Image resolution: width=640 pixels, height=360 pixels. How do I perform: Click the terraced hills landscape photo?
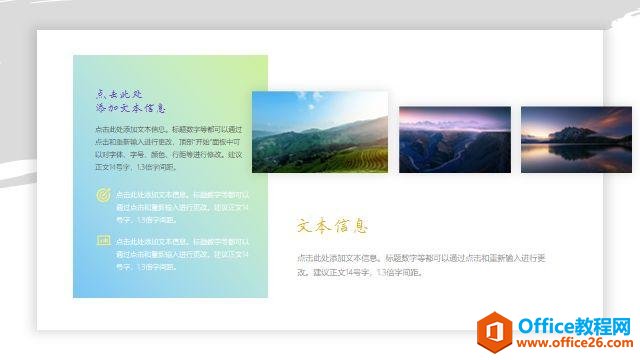click(319, 131)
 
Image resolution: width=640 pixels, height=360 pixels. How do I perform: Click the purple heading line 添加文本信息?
click(131, 107)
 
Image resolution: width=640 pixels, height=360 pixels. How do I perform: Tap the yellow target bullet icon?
click(103, 196)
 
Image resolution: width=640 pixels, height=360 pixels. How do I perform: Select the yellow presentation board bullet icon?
click(103, 240)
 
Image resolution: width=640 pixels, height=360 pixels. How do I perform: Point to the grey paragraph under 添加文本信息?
click(169, 148)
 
